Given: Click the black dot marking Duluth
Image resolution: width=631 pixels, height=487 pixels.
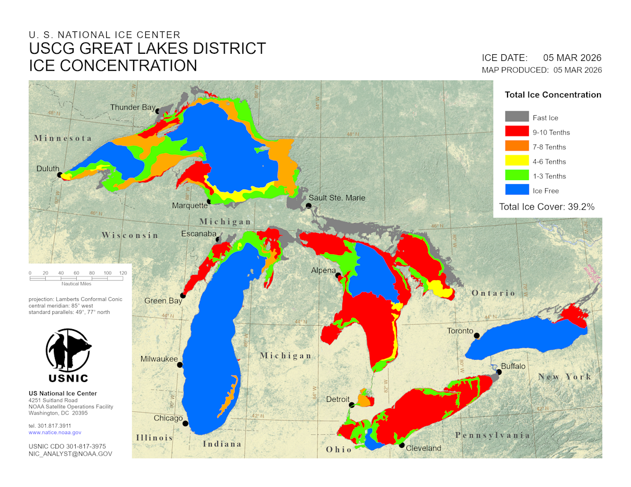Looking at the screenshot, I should pyautogui.click(x=60, y=175).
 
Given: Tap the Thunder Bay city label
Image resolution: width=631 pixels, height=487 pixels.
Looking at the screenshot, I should pyautogui.click(x=133, y=107).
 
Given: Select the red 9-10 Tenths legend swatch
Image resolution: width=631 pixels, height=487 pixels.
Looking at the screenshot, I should pyautogui.click(x=517, y=132).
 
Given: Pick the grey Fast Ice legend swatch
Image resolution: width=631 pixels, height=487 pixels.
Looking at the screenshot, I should pyautogui.click(x=517, y=117).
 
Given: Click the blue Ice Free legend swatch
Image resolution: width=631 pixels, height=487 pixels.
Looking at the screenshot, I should pyautogui.click(x=517, y=190).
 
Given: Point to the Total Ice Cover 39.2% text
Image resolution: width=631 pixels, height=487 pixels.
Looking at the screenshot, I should pyautogui.click(x=547, y=206).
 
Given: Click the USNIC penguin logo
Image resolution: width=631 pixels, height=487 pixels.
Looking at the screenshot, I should pyautogui.click(x=68, y=351).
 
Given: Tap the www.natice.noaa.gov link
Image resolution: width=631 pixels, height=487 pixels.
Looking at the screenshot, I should pyautogui.click(x=55, y=433).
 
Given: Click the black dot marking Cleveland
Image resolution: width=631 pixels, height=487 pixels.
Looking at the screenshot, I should pyautogui.click(x=402, y=445).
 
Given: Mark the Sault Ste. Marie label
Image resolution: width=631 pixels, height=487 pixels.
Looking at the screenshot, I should pyautogui.click(x=337, y=198).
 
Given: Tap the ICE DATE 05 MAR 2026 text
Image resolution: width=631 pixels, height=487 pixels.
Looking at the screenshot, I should pyautogui.click(x=542, y=58).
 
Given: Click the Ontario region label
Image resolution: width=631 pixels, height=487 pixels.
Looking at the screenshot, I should pyautogui.click(x=493, y=293).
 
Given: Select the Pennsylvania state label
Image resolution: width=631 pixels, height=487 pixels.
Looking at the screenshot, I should pyautogui.click(x=492, y=435).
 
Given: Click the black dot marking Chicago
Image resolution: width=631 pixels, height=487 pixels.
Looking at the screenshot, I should pyautogui.click(x=185, y=423).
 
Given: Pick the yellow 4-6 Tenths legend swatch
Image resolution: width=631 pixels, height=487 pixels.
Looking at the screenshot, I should pyautogui.click(x=517, y=161).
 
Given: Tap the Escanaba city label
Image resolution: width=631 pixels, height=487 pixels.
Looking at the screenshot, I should pyautogui.click(x=199, y=233).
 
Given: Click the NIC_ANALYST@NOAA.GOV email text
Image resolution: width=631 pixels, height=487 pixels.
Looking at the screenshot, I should pyautogui.click(x=70, y=454).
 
